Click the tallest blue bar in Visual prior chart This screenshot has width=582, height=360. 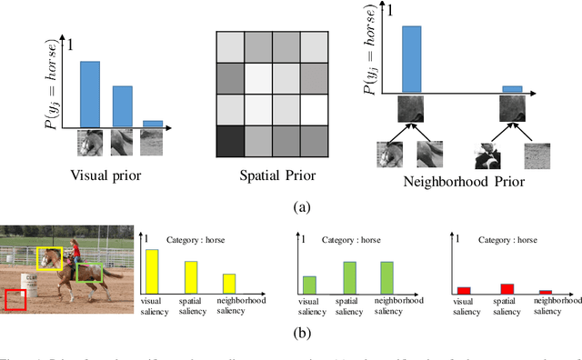point(89,94)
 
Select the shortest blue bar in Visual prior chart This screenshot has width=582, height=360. point(154,123)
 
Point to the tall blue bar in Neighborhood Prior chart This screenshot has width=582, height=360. point(412,59)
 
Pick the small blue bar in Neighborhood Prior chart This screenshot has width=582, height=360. point(513,89)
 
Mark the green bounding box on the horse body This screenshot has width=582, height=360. point(89,272)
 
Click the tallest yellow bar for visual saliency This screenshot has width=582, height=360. point(153,269)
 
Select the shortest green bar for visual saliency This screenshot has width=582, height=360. point(310,284)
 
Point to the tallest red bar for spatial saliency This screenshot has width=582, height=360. point(507,288)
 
